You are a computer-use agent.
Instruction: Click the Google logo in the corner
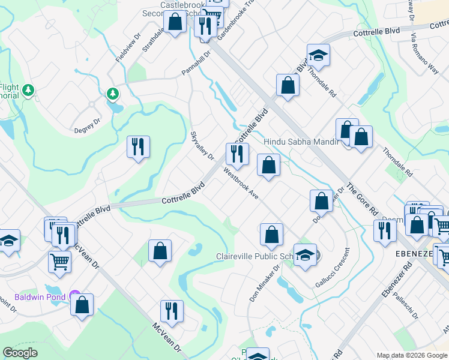click(x=20, y=352)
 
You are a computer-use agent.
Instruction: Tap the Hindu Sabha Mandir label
click(x=301, y=142)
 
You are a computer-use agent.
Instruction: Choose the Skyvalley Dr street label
click(x=202, y=146)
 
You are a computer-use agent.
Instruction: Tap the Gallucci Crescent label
click(x=330, y=267)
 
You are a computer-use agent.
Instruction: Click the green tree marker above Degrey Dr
click(x=112, y=94)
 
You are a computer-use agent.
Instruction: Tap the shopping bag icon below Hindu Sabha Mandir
click(x=269, y=165)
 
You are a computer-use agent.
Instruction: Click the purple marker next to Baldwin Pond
click(x=74, y=295)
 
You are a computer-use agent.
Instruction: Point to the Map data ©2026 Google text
click(x=412, y=355)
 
